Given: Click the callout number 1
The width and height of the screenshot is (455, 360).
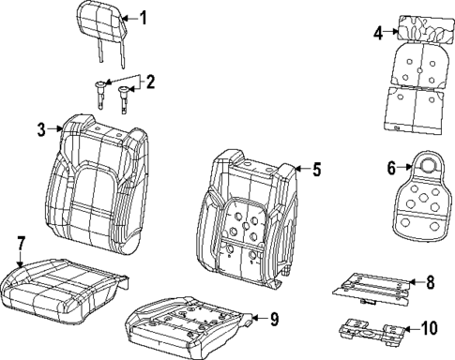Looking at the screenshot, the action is (143, 18).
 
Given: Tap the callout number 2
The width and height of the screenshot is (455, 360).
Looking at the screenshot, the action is (150, 82).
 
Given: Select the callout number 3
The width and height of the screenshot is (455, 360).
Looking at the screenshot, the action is (41, 129).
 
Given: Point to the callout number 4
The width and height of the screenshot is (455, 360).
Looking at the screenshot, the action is (378, 33).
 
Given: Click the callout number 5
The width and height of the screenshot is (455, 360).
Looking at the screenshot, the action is (317, 170).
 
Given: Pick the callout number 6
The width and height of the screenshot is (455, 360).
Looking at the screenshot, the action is (391, 168).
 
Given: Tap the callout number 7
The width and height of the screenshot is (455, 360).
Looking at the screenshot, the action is (20, 244).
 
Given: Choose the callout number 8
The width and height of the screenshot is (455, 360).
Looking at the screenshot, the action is (431, 282).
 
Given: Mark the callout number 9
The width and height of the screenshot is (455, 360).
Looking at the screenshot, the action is (274, 319).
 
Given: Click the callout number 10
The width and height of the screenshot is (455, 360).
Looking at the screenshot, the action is (429, 328).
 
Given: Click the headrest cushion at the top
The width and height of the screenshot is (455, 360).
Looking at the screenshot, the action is (102, 22).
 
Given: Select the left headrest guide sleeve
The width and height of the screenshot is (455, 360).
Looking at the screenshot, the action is (99, 95).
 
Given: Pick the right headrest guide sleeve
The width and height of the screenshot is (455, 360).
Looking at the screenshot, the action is (123, 99).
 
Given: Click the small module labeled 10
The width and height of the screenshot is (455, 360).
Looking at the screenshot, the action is (373, 333).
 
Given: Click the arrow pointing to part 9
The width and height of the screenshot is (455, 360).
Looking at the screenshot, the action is (259, 319).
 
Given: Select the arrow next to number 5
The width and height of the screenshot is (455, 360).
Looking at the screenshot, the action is (302, 169).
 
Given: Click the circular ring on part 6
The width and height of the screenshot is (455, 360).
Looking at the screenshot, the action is (427, 165).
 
